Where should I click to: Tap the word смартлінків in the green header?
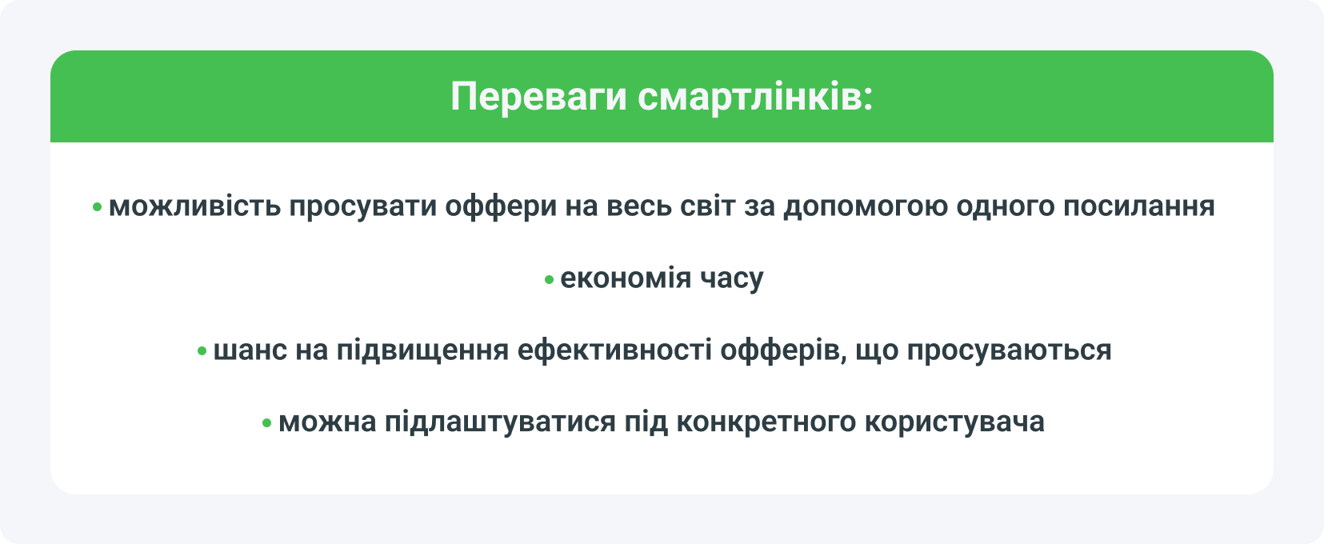pos(755,98)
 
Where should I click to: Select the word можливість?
pos(194,206)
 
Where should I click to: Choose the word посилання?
pos(1138,206)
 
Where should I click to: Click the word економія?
pos(626,278)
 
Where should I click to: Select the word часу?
pos(732,278)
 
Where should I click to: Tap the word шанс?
pos(250,350)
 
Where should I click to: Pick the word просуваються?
pos(1009,350)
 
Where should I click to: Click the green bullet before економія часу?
pos(550,280)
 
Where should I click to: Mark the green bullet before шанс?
pos(202,352)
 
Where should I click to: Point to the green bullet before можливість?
pos(98,208)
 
